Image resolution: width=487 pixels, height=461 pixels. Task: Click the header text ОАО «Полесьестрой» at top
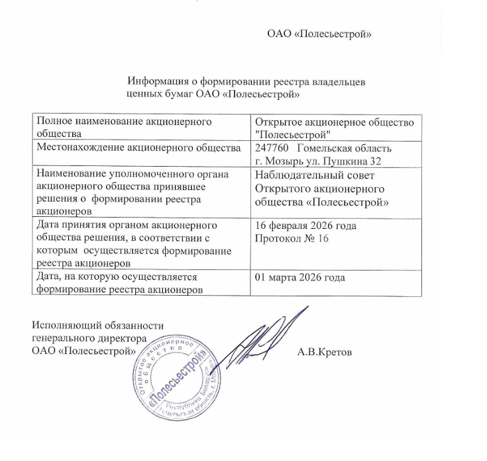coord(318,34)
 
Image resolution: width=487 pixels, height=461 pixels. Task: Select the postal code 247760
coord(272,147)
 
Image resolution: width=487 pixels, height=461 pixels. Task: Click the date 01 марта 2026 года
coord(300,278)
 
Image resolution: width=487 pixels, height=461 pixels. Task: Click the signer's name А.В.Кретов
coord(325,351)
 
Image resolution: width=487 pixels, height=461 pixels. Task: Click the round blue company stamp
coord(174,383)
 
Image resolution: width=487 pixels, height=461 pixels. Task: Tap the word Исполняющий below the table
coord(63,325)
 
